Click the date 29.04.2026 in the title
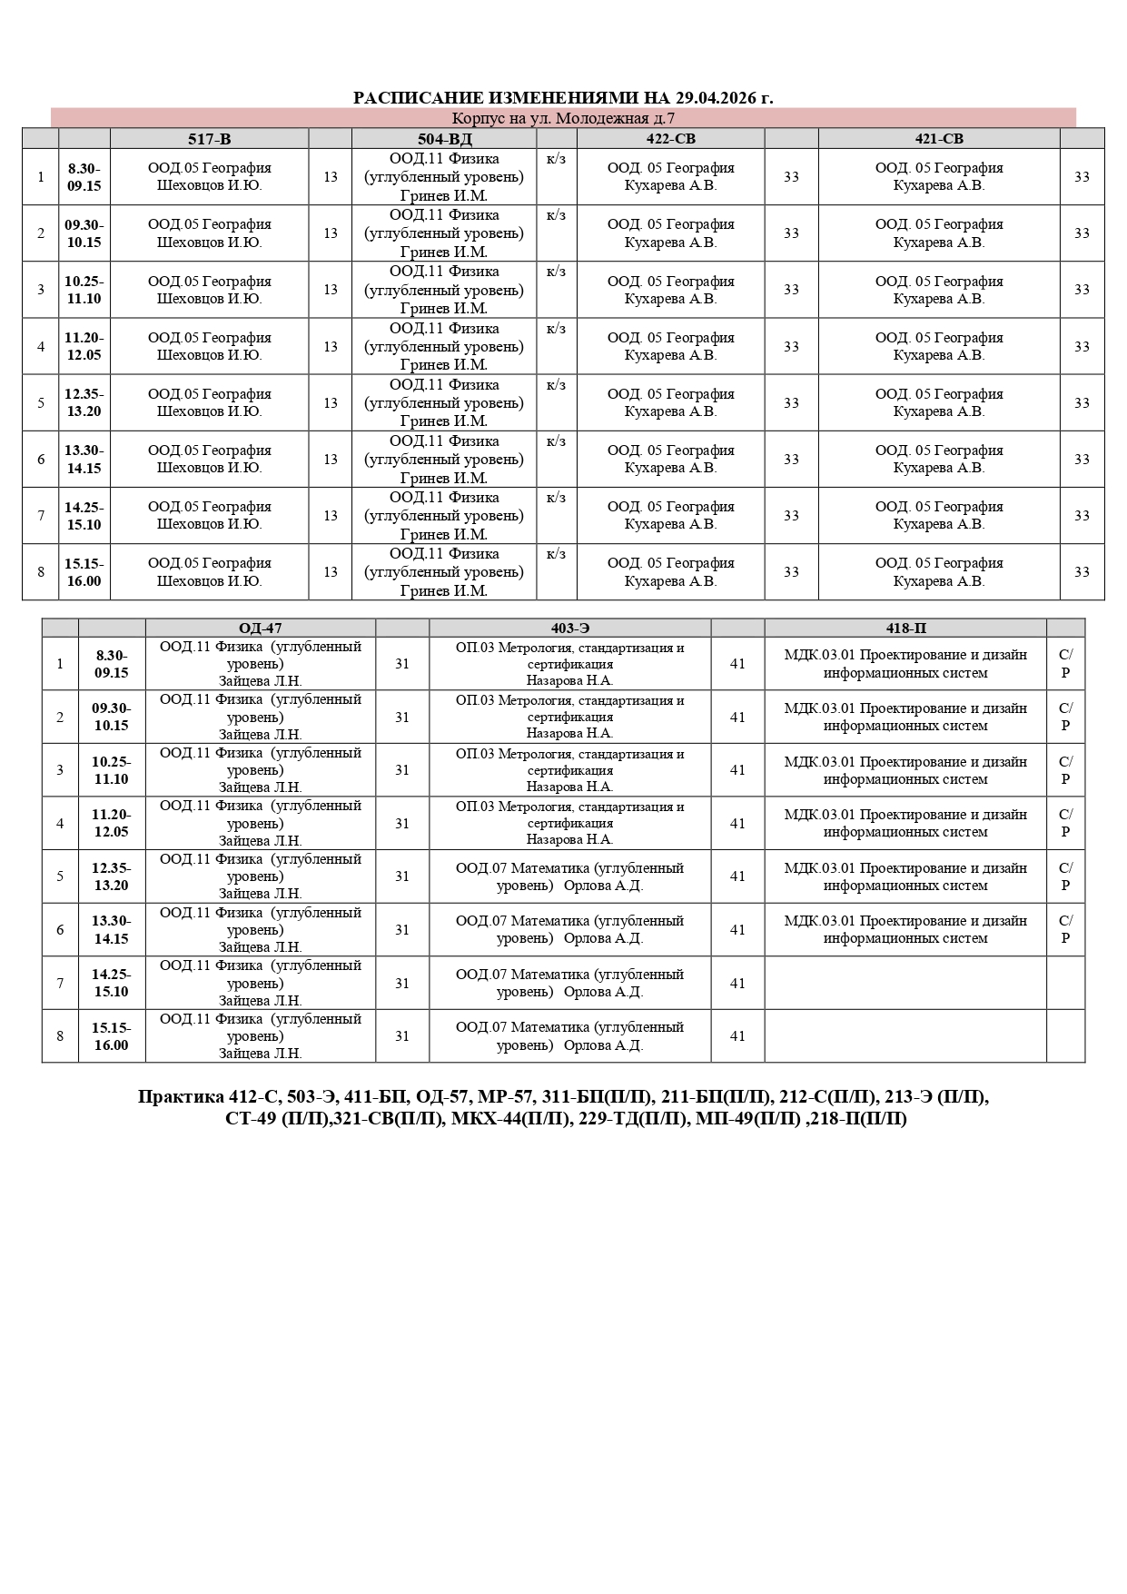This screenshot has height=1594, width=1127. click(710, 98)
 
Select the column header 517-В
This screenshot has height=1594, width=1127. click(209, 139)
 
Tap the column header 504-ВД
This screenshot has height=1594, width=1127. click(444, 139)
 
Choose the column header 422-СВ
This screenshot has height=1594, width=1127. click(670, 139)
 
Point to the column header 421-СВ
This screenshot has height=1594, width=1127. click(938, 139)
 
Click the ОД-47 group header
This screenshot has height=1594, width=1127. click(260, 629)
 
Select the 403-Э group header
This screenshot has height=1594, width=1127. click(569, 629)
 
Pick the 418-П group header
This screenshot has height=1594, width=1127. click(905, 629)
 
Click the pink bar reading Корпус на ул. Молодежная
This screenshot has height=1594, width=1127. click(563, 118)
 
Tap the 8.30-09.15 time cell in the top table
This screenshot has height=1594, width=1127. click(84, 177)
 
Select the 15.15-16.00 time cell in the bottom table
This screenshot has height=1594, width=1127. click(111, 1036)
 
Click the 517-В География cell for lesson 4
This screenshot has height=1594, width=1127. click(209, 346)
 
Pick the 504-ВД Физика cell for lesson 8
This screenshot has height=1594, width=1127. click(444, 572)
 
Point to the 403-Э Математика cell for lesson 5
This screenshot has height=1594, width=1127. click(569, 876)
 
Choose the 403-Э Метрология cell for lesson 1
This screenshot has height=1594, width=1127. click(569, 664)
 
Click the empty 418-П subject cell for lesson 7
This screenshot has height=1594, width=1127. click(905, 983)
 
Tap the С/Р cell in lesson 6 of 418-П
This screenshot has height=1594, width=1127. click(1065, 929)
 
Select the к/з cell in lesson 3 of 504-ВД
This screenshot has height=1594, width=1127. click(556, 272)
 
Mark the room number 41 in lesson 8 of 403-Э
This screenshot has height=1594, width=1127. click(737, 1036)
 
